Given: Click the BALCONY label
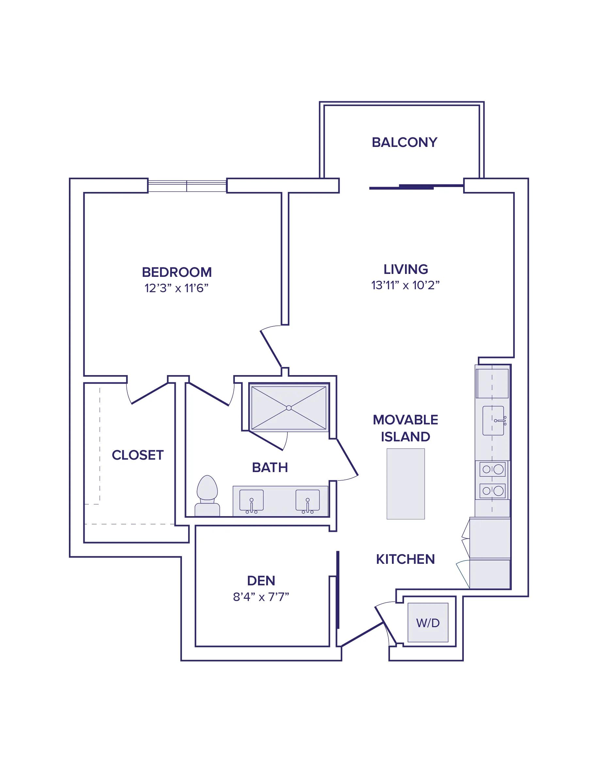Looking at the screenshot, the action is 404,142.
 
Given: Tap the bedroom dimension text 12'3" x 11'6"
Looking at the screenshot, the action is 176,288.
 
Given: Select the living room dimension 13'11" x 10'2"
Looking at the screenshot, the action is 406,285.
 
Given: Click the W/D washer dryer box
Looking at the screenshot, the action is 428,623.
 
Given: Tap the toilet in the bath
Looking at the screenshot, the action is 207,496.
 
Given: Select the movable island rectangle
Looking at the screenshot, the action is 406,483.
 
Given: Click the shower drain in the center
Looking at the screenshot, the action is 289,408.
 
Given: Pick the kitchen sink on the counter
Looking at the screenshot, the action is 494,421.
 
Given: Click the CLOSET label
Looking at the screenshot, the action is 138,455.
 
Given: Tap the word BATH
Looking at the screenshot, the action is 270,467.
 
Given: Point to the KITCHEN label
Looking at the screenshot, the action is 406,559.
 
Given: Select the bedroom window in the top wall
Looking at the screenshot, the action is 187,186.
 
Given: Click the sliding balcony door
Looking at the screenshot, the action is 416,186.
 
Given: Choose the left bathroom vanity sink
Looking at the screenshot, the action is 251,501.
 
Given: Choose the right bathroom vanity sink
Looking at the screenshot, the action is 307,501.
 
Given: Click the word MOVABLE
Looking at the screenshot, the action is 406,420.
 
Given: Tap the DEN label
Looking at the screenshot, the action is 261,580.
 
